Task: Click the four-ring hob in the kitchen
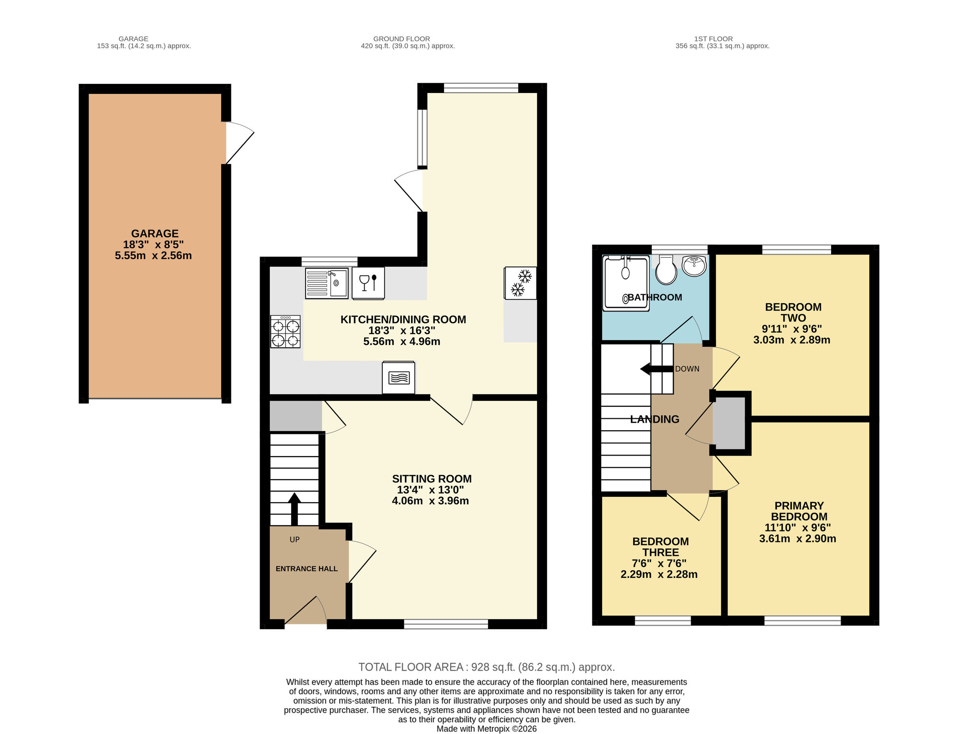(285, 332)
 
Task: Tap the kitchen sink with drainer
(327, 283)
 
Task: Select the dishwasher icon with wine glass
(368, 283)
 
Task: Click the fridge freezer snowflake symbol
(520, 283)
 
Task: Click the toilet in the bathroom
(666, 270)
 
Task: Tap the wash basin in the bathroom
(694, 266)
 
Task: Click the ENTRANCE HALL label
(307, 569)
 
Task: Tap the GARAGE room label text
(155, 234)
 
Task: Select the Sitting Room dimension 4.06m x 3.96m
(430, 501)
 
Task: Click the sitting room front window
(446, 624)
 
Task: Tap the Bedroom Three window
(663, 621)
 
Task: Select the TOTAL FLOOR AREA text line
(487, 667)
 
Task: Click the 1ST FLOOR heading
(713, 39)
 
